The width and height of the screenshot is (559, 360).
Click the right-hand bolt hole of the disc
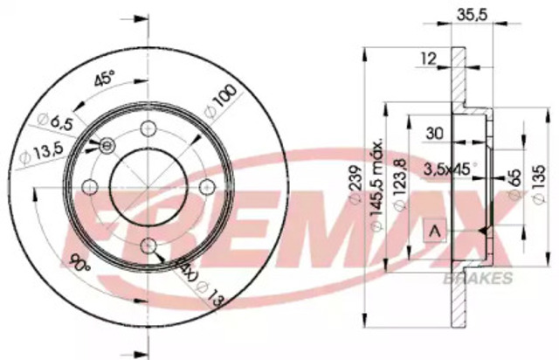click(207, 185)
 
